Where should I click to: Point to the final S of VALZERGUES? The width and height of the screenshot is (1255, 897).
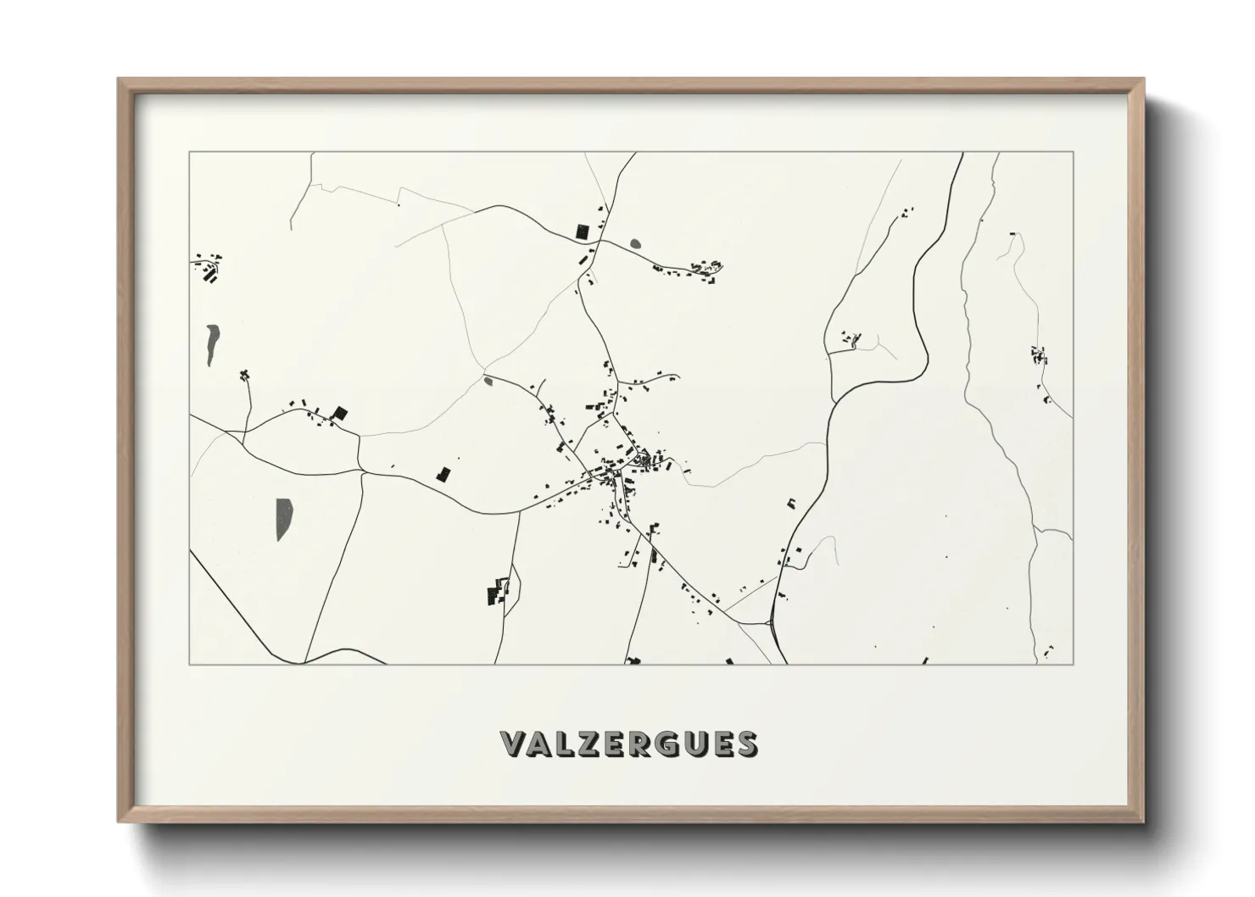[x=747, y=744]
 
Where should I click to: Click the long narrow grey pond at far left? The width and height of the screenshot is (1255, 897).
[x=209, y=344]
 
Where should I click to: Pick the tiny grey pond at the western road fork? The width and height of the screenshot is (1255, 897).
[x=488, y=381]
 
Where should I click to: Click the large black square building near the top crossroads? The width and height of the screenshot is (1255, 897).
[x=582, y=230]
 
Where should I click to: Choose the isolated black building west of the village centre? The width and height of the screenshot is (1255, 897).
[x=442, y=474]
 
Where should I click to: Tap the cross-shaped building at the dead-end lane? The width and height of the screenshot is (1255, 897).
[x=245, y=375]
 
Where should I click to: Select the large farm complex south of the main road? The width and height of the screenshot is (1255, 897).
[x=498, y=590]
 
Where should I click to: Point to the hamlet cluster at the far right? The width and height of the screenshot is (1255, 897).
[x=1038, y=356]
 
